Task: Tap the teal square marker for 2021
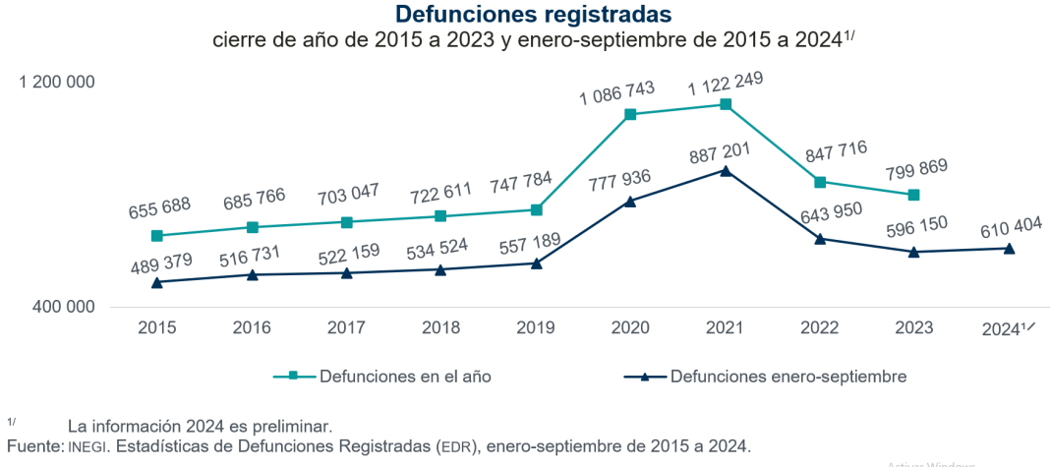pos(725,104)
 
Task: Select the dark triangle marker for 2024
pos(1009,248)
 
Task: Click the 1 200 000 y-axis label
pos(57,82)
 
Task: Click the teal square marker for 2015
pos(157,236)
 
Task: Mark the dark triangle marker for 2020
pos(630,201)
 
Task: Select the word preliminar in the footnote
pos(292,427)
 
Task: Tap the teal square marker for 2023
pos(914,195)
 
